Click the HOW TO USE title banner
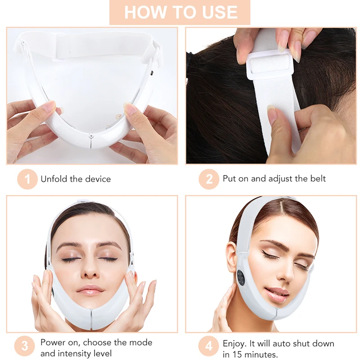tap(180, 12)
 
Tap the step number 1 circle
tap(27, 179)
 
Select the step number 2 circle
tap(209, 179)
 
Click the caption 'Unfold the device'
tap(76, 179)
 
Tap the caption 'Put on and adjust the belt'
tap(274, 179)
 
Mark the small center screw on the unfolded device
tap(91, 134)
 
